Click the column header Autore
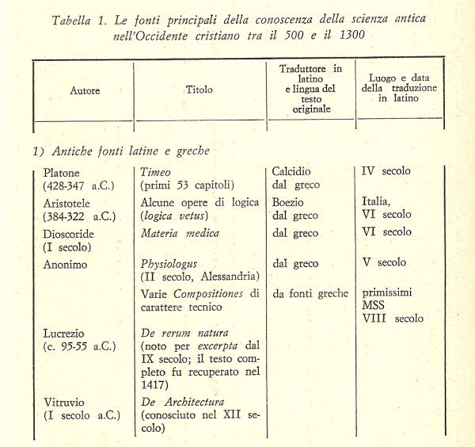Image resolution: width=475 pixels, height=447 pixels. coord(85,91)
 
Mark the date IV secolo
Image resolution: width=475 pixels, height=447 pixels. coord(386,170)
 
